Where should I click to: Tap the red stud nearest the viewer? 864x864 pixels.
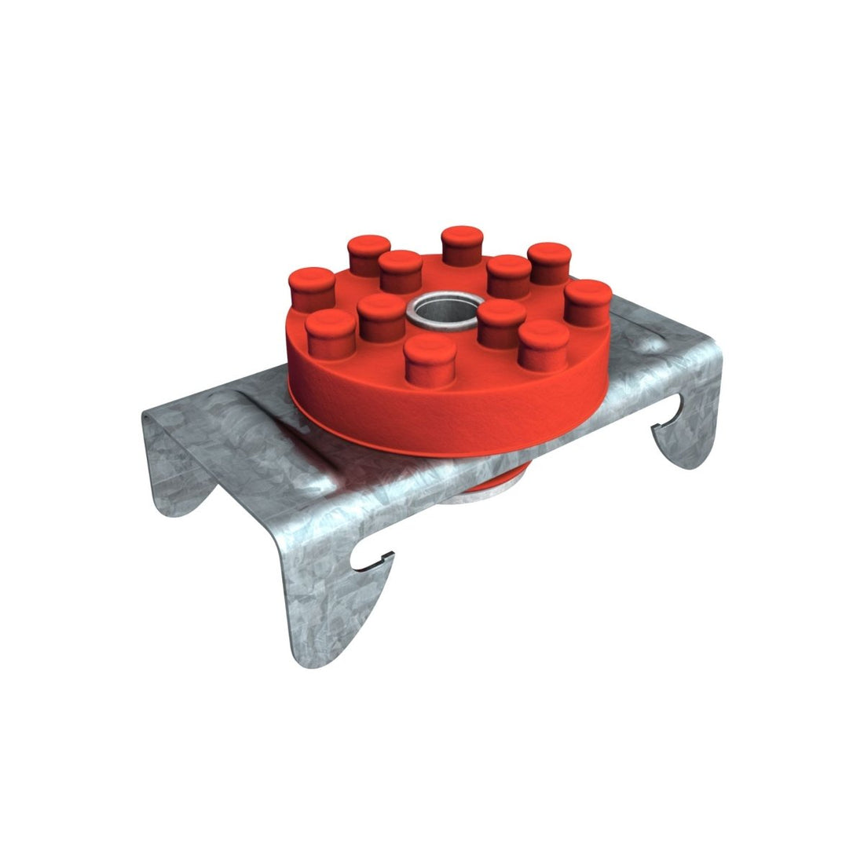430,357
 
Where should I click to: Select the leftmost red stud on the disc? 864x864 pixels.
312,287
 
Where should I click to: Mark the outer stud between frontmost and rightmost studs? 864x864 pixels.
544,346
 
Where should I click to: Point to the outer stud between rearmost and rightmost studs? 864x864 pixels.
549,262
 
